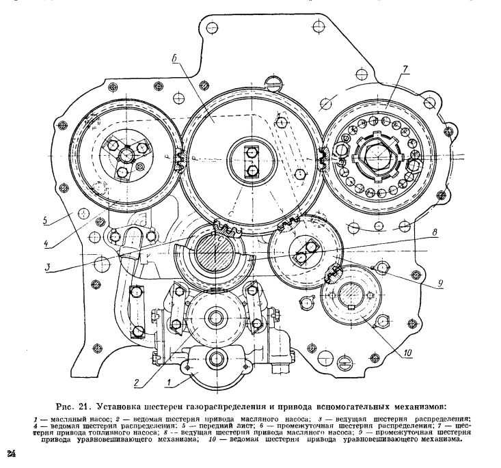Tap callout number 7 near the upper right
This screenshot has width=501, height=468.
[405, 69]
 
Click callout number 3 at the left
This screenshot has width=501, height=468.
[48, 266]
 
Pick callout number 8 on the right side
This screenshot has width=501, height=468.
[435, 232]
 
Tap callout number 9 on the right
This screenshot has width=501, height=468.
[441, 283]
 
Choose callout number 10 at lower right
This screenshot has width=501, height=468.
[407, 353]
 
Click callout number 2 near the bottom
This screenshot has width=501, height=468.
[137, 383]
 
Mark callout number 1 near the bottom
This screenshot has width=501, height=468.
[170, 383]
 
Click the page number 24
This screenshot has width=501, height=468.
[12, 454]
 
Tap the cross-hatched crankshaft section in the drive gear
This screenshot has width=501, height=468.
[215, 252]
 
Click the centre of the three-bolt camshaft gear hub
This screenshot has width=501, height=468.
[126, 156]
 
